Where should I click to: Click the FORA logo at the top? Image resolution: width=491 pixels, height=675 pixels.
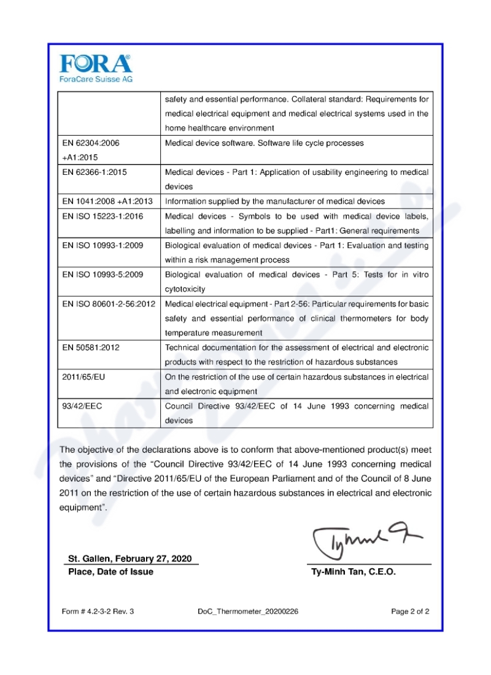95,64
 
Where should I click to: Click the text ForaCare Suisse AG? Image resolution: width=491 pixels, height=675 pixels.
95,79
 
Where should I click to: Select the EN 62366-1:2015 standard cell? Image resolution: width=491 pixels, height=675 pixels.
95,172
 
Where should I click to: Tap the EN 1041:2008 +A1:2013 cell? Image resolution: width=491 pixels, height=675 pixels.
107,201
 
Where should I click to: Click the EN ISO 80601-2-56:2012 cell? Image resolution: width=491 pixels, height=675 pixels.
109,304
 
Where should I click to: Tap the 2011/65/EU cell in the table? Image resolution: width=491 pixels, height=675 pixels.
83,377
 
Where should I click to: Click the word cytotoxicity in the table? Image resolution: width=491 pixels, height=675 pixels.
185,289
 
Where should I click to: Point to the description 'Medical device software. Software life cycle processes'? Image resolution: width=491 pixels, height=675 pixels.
265,143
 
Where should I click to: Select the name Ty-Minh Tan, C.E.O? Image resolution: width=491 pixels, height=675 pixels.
354,572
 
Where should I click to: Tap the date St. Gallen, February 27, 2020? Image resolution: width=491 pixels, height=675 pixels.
130,558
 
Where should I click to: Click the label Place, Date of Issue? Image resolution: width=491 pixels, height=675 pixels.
110,572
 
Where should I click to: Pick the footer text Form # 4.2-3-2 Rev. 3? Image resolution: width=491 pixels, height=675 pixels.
98,612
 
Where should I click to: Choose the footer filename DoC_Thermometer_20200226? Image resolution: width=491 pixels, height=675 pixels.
248,612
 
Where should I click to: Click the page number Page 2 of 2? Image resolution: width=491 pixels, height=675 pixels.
410,612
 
